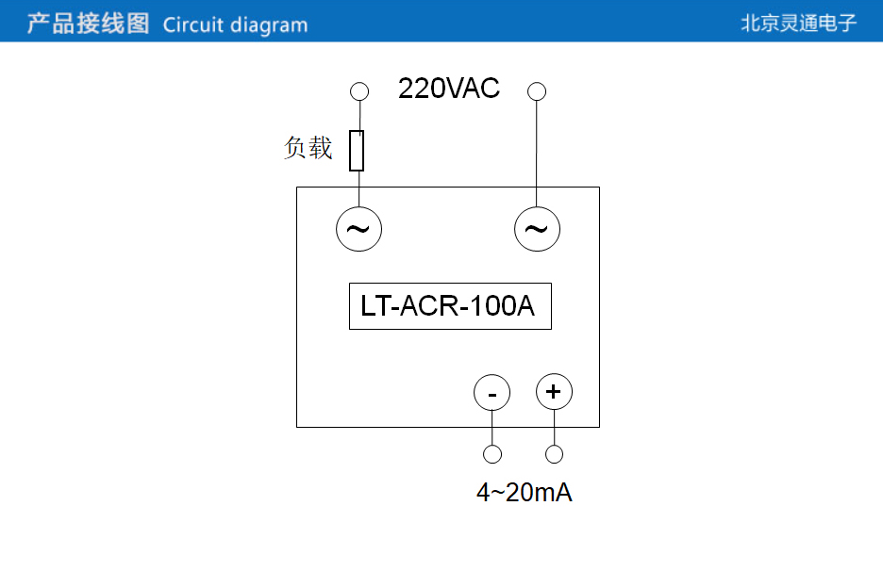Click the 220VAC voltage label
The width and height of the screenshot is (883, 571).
tap(449, 90)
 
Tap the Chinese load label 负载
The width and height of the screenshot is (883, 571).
tap(308, 148)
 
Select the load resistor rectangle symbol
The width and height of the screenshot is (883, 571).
tap(357, 151)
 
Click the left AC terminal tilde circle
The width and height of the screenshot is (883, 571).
tap(358, 228)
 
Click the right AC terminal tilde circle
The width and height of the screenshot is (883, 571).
tap(537, 229)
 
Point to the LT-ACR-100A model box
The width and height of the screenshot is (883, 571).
tap(450, 306)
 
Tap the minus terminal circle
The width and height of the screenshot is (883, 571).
tap(491, 392)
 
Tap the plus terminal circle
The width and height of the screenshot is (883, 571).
tap(554, 391)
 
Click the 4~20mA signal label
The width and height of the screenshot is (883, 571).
tap(524, 493)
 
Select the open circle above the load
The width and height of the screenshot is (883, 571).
tap(358, 91)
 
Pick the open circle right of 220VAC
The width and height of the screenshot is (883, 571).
tap(537, 91)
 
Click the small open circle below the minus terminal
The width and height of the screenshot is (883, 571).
tap(491, 455)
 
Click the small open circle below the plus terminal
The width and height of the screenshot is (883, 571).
tap(555, 454)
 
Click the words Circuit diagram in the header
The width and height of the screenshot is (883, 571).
tap(235, 24)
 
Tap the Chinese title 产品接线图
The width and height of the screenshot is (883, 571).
tap(88, 24)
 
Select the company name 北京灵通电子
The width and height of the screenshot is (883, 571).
tap(798, 24)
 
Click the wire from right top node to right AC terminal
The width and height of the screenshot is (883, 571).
tap(537, 151)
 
